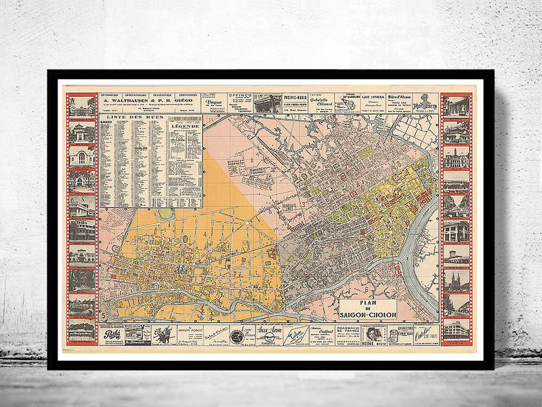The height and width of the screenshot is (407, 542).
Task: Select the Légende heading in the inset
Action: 184,126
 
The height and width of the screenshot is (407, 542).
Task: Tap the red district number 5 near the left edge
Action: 103,314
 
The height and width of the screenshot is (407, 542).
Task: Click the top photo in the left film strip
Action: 81,106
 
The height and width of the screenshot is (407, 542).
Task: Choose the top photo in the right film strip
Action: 456,106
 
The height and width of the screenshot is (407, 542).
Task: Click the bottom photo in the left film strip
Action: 81,331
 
